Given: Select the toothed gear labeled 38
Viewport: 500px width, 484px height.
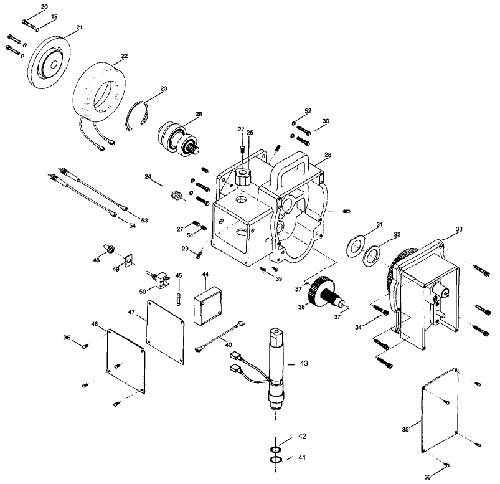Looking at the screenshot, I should (326, 291).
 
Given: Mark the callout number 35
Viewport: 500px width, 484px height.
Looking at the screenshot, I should (405, 430).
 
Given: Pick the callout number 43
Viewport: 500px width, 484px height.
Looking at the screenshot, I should (303, 363).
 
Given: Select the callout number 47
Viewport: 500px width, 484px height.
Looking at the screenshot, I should (131, 311).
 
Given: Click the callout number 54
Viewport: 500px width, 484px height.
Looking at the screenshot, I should (132, 225).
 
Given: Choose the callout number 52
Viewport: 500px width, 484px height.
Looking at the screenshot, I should (308, 111).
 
